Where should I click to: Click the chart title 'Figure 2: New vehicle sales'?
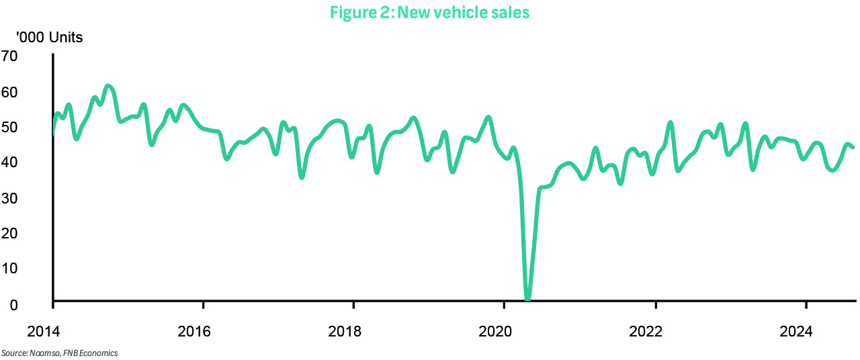[x=430, y=13]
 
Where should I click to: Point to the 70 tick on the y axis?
[x=11, y=56]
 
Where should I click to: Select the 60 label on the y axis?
[x=11, y=91]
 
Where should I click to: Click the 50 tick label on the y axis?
[x=11, y=127]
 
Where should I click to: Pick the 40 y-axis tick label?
[x=11, y=162]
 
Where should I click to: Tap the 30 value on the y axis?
[x=11, y=198]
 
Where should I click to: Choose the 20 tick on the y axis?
[x=11, y=233]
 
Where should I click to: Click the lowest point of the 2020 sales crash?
[x=527, y=298]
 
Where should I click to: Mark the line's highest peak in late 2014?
[x=108, y=86]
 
